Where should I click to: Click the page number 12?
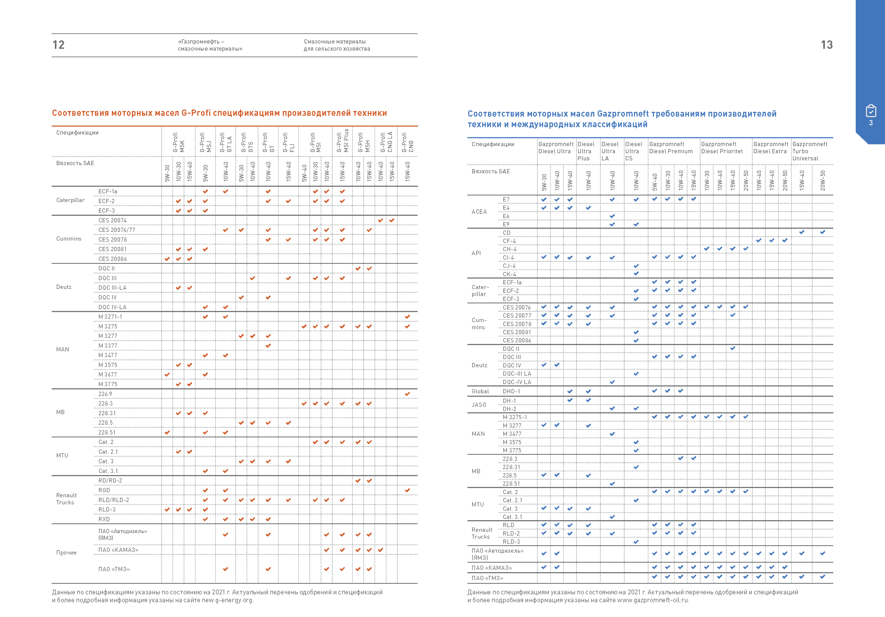pyautogui.click(x=59, y=45)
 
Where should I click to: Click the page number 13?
pyautogui.click(x=827, y=45)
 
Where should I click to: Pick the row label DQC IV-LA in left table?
pyautogui.click(x=112, y=307)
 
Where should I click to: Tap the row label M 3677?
pyautogui.click(x=108, y=375)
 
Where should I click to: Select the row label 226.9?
pyautogui.click(x=105, y=394)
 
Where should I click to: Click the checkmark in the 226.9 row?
pyautogui.click(x=408, y=394)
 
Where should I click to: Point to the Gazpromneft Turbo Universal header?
pyautogui.click(x=810, y=151)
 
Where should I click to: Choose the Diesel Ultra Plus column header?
pyautogui.click(x=586, y=151)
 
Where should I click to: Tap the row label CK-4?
pyautogui.click(x=509, y=274)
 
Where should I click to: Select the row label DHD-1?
pyautogui.click(x=511, y=391)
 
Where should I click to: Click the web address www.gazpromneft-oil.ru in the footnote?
pyautogui.click(x=653, y=600)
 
